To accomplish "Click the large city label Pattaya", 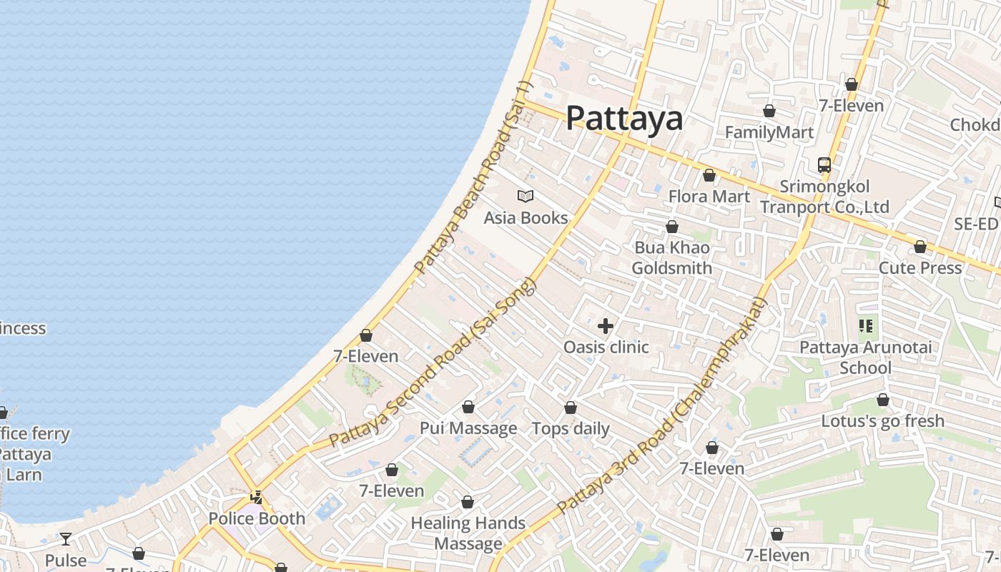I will [624, 118].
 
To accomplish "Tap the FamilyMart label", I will [769, 132].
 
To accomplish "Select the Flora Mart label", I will [709, 197].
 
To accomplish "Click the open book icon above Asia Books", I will [526, 196].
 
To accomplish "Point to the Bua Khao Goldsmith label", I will [671, 258].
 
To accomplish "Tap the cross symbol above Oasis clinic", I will [606, 326].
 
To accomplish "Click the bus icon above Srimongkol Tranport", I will [824, 165].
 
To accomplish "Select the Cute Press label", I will [919, 267].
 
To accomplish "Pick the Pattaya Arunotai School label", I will [865, 357].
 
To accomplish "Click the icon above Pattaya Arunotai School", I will [866, 327].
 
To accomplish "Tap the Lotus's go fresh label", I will [882, 421].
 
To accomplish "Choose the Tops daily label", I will [571, 429].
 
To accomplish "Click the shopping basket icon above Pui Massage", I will [468, 407].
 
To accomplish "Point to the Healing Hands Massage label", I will [468, 533].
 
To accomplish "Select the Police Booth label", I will [257, 518].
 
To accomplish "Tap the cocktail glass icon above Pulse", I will [66, 538].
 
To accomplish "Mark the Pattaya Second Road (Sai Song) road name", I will [432, 363].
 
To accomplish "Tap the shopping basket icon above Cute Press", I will [919, 247].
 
